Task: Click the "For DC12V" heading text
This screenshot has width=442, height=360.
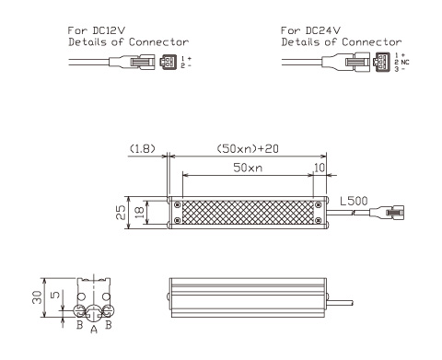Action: click(x=97, y=30)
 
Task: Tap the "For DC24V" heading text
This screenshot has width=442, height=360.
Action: click(x=310, y=30)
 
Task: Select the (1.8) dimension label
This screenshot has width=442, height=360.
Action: click(x=143, y=149)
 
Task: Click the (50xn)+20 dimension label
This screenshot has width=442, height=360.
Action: click(x=248, y=149)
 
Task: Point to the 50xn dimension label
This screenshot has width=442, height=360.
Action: click(x=248, y=168)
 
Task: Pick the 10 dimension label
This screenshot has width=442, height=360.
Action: click(x=320, y=168)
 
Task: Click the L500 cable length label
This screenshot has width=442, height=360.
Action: click(x=354, y=201)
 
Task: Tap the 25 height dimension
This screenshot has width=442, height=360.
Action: click(x=121, y=213)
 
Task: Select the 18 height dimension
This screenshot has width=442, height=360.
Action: click(x=139, y=213)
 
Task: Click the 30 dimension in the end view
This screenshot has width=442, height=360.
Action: click(x=37, y=297)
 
